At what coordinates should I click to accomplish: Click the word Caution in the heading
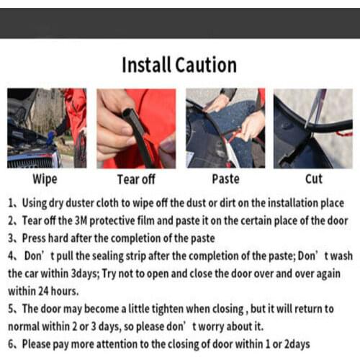point(206,66)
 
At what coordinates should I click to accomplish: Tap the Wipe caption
point(45,179)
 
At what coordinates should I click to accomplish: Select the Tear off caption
point(136,179)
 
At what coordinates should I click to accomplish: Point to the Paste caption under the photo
point(225,179)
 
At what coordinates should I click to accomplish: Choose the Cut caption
point(313,179)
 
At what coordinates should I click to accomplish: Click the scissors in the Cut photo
point(316,108)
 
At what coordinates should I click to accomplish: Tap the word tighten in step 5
point(168,309)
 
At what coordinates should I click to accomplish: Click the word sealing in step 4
point(108,256)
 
